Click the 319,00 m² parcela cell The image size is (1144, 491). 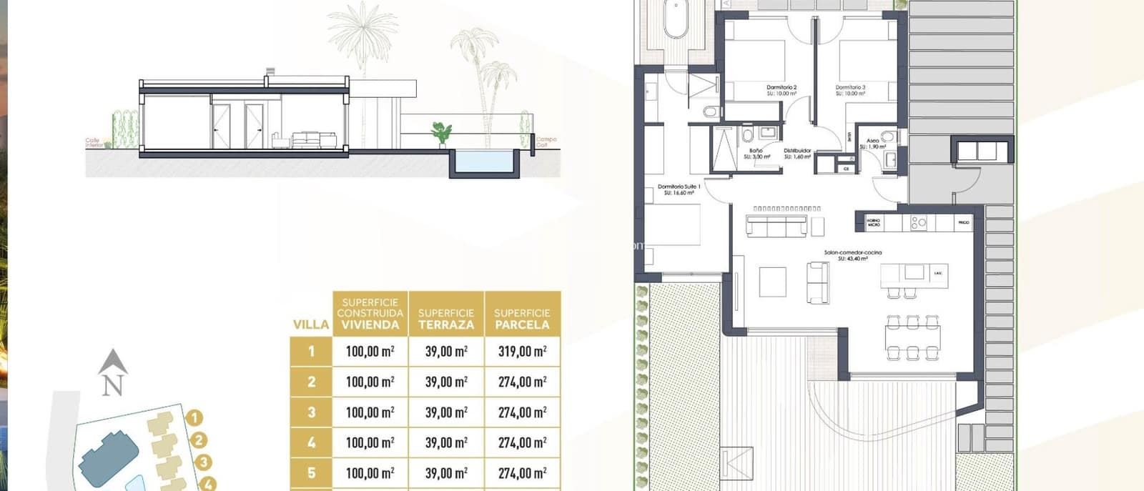pyautogui.click(x=522, y=351)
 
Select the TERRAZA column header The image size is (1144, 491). pyautogui.click(x=446, y=319)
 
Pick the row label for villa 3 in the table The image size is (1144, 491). pyautogui.click(x=311, y=412)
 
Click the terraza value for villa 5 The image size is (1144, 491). pyautogui.click(x=446, y=473)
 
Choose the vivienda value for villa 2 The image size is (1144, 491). pyautogui.click(x=370, y=382)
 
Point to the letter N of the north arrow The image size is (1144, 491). pyautogui.click(x=112, y=386)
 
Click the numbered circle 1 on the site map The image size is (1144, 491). pyautogui.click(x=194, y=417)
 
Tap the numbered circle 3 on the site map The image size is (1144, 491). pyautogui.click(x=203, y=463)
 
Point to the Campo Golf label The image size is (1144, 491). pyautogui.click(x=546, y=142)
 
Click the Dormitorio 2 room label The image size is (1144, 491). pyautogui.click(x=781, y=90)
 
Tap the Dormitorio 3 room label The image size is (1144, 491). pyautogui.click(x=850, y=90)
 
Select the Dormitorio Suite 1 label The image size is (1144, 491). pyautogui.click(x=679, y=189)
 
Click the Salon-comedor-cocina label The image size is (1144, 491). pyautogui.click(x=852, y=255)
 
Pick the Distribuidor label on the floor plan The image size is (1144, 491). pyautogui.click(x=797, y=153)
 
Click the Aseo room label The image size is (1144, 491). pyautogui.click(x=872, y=143)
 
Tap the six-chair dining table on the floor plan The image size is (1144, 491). pyautogui.click(x=912, y=337)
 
